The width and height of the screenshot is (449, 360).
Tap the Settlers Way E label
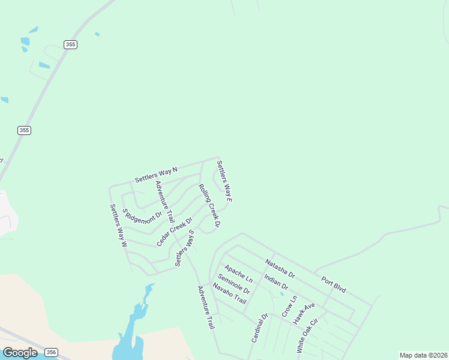pyautogui.click(x=224, y=181)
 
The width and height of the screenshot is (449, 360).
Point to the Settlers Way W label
pyautogui.click(x=118, y=226)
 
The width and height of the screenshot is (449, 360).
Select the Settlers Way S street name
pyautogui.click(x=185, y=248)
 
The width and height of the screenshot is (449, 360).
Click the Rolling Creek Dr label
pyautogui.click(x=209, y=206)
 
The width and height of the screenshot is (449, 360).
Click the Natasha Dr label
pyautogui.click(x=280, y=268)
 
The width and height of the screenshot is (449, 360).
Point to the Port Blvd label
pyautogui.click(x=333, y=284)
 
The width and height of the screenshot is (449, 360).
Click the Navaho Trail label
pyautogui.click(x=229, y=293)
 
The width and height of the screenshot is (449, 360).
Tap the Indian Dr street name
pyautogui.click(x=276, y=283)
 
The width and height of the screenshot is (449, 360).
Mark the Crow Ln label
pyautogui.click(x=289, y=306)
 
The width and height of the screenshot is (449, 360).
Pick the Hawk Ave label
pyautogui.click(x=304, y=314)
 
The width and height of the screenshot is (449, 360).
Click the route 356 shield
pyautogui.click(x=52, y=353)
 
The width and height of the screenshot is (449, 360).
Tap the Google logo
pyautogui.click(x=20, y=353)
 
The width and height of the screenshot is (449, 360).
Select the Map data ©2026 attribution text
pyautogui.click(x=423, y=355)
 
